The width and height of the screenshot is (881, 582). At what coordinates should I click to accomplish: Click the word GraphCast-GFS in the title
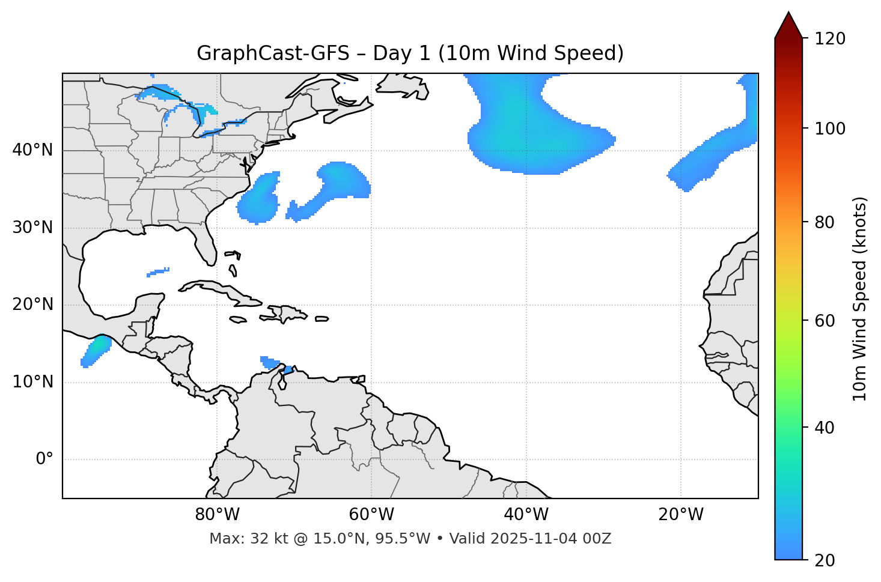coord(273,53)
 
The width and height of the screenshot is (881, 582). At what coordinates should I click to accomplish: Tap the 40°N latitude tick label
coord(33,150)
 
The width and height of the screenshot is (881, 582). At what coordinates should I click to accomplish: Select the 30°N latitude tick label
coord(33,227)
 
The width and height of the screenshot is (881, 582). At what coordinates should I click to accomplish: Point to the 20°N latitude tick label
coord(33,305)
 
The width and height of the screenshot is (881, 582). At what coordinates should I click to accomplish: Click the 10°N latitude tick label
coord(33,382)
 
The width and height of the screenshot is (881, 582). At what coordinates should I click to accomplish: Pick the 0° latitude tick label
coord(44,459)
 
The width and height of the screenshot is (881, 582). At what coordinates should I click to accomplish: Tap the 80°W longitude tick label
coord(217,515)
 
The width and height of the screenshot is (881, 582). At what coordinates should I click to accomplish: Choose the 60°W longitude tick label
coord(371,515)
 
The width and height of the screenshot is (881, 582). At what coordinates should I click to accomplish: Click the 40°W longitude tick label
coord(526,515)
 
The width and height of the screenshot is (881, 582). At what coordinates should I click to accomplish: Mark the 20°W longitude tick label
coord(681,515)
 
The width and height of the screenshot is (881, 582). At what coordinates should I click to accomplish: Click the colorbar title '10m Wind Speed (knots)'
coord(860,299)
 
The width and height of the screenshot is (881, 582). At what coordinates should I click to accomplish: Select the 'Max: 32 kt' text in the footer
coord(236,539)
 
